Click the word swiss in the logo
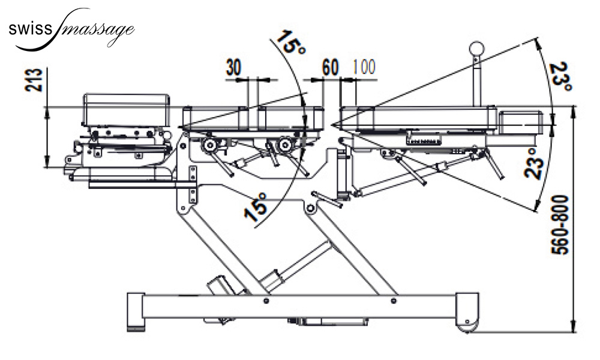pyautogui.click(x=30, y=29)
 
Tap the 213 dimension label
pyautogui.click(x=33, y=80)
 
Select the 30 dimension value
pyautogui.click(x=234, y=68)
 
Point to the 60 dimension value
pyautogui.click(x=330, y=68)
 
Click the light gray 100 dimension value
pyautogui.click(x=364, y=67)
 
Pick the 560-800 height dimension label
pyautogui.click(x=560, y=225)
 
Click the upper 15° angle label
pyautogui.click(x=290, y=43)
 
